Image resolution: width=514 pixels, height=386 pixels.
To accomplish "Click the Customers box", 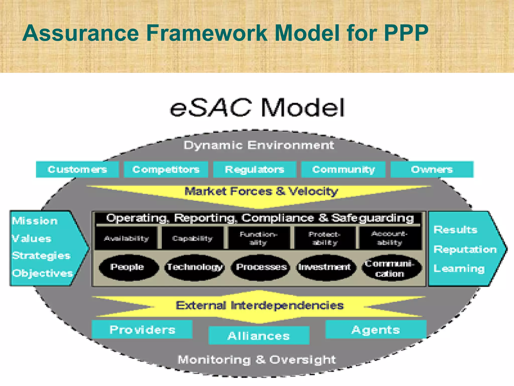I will [77, 170].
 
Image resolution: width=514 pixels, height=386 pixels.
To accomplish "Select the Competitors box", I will [166, 170].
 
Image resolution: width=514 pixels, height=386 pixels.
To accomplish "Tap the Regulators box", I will [255, 170].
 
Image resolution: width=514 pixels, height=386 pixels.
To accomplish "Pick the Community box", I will [343, 170].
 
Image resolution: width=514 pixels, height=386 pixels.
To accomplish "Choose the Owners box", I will [432, 170].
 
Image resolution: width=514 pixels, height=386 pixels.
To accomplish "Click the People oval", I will [127, 267].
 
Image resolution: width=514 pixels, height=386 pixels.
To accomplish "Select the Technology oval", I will [195, 267].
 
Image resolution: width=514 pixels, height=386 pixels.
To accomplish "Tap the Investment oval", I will [325, 267].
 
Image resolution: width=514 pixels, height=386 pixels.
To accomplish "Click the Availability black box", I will [126, 238].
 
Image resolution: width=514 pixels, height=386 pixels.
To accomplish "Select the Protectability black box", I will [325, 238].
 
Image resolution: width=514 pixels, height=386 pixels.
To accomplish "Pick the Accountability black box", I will [390, 238].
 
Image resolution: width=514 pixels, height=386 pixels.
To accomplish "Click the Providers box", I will [142, 330].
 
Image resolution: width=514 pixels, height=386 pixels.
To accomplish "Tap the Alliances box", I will [259, 335].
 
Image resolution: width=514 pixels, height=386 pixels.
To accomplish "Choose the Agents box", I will [376, 330].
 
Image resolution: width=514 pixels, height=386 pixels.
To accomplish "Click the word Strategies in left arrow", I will [41, 256].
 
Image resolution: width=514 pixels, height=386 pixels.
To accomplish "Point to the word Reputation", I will [465, 250].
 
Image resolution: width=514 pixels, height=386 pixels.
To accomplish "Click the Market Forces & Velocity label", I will [261, 191].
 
